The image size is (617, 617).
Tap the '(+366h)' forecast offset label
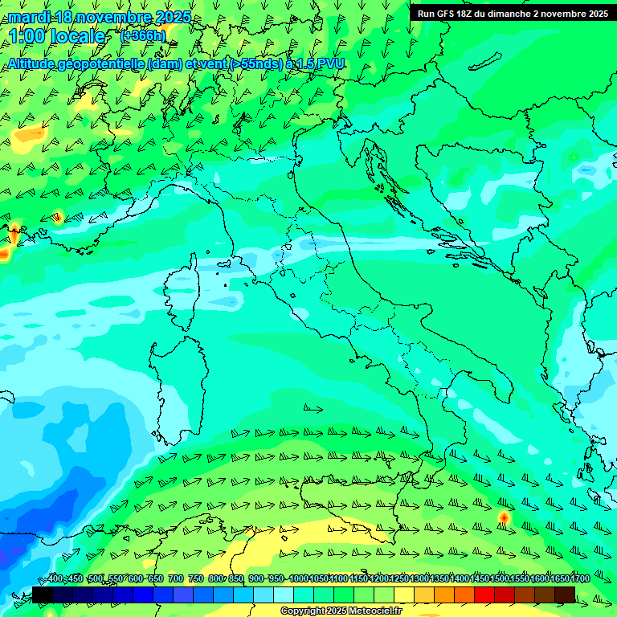142,35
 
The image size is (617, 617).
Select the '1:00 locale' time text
57,36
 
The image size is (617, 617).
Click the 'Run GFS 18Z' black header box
512,14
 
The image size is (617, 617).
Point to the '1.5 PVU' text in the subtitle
321,63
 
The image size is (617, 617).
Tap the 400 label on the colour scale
55,579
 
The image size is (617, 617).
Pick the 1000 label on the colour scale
298,579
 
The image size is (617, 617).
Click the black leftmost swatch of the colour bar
43,595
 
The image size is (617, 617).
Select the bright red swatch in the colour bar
484,595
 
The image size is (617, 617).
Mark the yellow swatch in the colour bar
404,595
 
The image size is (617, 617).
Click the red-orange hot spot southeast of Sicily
504,517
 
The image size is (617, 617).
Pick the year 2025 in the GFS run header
594,14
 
